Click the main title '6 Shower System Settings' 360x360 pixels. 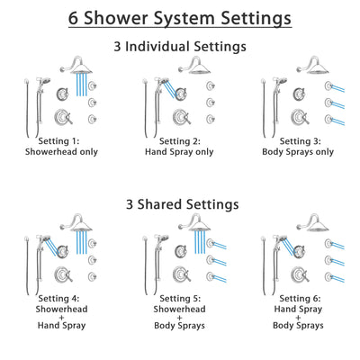[x=180, y=17]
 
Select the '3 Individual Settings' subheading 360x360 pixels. [x=180, y=46]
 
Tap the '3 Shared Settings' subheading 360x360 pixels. [x=180, y=204]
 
